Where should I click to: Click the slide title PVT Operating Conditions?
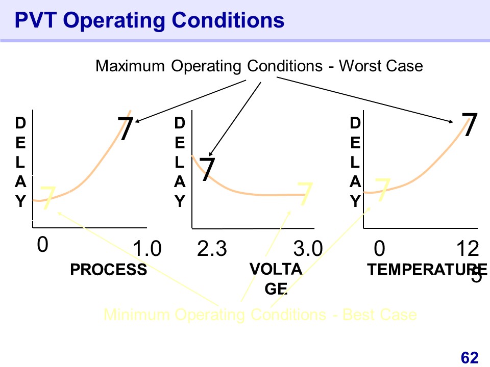(149, 20)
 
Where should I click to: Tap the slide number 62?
(470, 358)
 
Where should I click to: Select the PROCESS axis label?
(108, 270)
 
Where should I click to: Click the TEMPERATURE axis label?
(427, 270)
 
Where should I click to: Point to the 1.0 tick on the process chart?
(147, 250)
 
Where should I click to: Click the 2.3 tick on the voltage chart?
(212, 250)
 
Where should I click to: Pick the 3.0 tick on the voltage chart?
(309, 250)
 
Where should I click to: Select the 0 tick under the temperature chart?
(379, 250)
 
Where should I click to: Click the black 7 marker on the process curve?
(127, 129)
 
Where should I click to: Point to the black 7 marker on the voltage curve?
(206, 169)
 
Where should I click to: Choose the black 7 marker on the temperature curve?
(470, 125)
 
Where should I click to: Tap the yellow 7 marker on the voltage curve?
(305, 194)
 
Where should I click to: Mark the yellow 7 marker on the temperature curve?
(383, 190)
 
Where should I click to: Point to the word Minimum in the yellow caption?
(136, 314)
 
